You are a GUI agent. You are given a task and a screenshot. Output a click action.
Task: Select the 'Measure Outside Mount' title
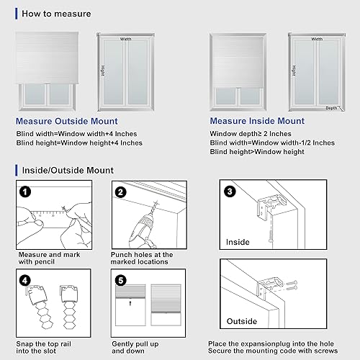coord(66,121)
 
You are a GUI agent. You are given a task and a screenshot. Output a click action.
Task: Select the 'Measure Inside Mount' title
coord(256,121)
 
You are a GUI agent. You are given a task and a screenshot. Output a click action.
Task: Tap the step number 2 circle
coord(120,192)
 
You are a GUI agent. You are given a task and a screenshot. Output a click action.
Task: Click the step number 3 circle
coord(228,192)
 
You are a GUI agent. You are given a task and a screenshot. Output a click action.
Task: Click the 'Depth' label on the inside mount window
coord(331,108)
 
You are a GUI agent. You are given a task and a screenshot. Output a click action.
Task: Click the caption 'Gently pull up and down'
coord(141,347)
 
